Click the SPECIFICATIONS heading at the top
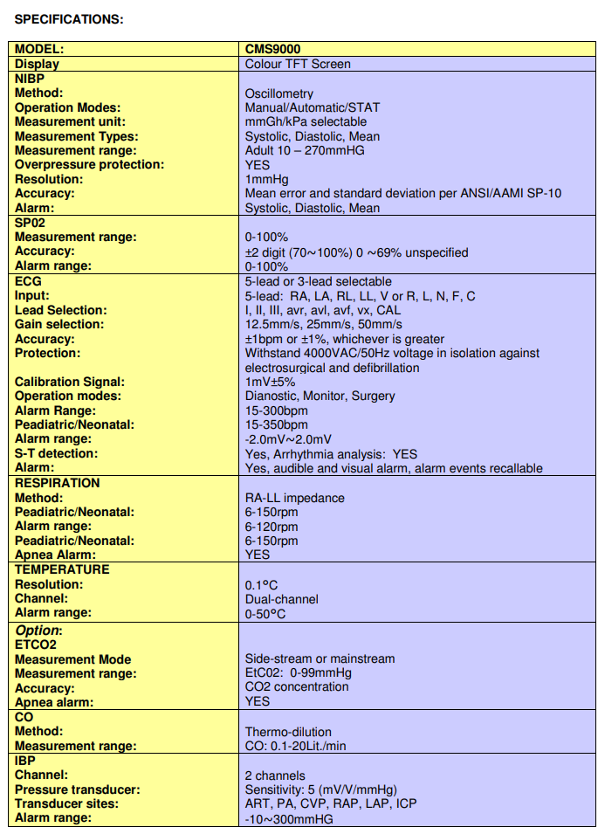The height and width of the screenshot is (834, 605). (69, 19)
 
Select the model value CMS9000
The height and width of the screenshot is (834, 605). (272, 50)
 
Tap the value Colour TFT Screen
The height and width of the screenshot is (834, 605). (298, 64)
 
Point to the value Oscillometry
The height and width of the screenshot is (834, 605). (278, 93)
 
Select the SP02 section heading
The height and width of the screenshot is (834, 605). (30, 223)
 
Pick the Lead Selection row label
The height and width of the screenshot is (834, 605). (60, 310)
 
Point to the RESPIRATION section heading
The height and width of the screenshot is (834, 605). (58, 483)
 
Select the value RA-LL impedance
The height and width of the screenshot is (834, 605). (294, 498)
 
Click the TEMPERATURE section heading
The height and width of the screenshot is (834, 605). (62, 569)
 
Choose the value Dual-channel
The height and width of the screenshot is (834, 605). (281, 599)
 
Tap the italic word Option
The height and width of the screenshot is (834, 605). (38, 631)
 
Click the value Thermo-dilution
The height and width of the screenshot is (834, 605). (288, 732)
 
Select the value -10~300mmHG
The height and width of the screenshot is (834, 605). (289, 818)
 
